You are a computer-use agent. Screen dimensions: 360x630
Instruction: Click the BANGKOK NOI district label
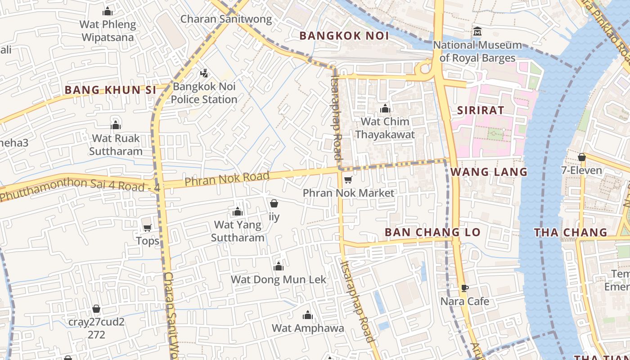pos(344,36)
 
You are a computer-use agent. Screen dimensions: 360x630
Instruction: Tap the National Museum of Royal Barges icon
pos(477,31)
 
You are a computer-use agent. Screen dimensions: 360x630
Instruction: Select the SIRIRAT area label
pos(481,110)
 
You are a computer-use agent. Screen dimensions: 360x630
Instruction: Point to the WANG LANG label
pos(489,172)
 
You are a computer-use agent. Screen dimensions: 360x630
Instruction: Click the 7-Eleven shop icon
pos(582,157)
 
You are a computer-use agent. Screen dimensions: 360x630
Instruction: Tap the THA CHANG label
pos(571,233)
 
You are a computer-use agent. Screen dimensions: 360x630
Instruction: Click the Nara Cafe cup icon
pos(465,288)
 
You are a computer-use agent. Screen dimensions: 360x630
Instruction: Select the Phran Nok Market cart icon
pos(348,180)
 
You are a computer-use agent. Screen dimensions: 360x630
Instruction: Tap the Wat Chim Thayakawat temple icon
pos(385,108)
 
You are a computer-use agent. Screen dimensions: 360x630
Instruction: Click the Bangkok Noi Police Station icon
pos(204,73)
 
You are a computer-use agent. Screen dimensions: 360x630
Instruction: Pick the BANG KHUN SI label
pos(110,90)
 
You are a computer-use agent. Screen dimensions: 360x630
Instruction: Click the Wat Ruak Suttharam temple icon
pos(116,125)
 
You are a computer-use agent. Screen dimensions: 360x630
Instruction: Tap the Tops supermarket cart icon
pos(147,228)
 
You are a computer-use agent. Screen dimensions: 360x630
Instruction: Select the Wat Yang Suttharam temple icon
pos(238,211)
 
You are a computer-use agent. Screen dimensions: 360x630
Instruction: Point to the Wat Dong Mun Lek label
pos(279,279)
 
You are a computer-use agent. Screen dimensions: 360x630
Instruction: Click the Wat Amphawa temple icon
pos(308,315)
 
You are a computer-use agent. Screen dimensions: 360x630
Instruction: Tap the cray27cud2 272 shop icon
pos(96,309)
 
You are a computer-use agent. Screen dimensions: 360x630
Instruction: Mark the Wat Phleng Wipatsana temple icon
pos(108,11)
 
